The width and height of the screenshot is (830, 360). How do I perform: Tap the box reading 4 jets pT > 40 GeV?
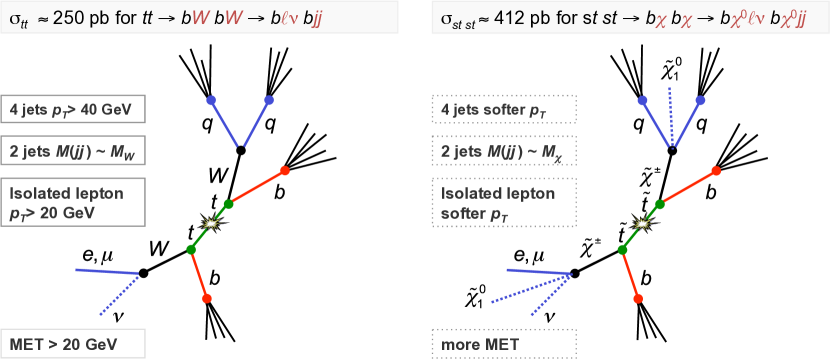[74, 109]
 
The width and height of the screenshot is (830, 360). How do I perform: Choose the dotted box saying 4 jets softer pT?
[504, 109]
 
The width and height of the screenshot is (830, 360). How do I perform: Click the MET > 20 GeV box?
[74, 343]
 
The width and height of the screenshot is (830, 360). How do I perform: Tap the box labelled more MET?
[504, 343]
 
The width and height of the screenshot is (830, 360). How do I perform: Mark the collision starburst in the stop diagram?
[643, 222]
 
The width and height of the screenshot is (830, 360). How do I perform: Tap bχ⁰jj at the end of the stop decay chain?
[794, 17]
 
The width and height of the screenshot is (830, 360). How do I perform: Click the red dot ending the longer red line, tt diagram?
[284, 170]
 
